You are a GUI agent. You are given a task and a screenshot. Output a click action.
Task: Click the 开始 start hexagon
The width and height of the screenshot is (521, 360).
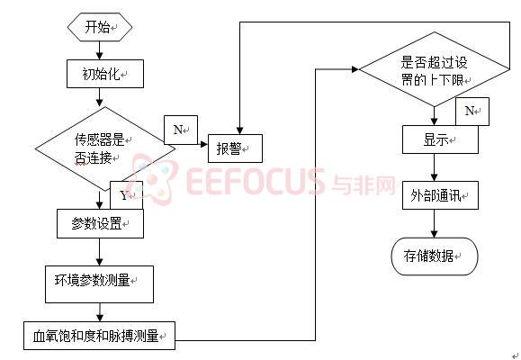pyautogui.click(x=100, y=27)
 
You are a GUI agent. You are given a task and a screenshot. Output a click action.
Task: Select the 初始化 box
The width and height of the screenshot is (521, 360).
pyautogui.click(x=105, y=74)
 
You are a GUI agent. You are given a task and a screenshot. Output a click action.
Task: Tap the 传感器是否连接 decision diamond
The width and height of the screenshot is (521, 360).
pyautogui.click(x=105, y=148)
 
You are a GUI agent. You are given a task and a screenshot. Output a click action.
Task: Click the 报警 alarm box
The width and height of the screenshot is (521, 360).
pyautogui.click(x=235, y=148)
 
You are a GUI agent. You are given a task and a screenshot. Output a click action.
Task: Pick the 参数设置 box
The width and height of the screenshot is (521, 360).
pyautogui.click(x=100, y=223)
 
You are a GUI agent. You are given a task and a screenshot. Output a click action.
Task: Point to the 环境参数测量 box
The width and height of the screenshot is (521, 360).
pyautogui.click(x=99, y=284)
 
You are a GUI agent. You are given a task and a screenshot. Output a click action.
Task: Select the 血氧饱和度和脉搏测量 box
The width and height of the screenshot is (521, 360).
pyautogui.click(x=99, y=336)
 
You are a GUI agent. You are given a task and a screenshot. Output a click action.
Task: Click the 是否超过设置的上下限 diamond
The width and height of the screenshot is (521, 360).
pyautogui.click(x=434, y=69)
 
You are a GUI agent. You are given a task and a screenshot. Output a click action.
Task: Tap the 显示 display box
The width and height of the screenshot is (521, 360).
pyautogui.click(x=440, y=139)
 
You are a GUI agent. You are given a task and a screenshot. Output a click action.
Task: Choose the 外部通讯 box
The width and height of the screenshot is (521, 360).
pyautogui.click(x=440, y=195)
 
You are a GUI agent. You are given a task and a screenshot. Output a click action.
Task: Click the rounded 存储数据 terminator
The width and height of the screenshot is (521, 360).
pyautogui.click(x=435, y=256)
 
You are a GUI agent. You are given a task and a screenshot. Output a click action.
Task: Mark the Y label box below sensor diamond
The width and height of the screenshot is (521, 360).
pyautogui.click(x=126, y=195)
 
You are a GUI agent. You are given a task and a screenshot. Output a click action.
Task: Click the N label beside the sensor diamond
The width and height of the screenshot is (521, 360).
pyautogui.click(x=181, y=130)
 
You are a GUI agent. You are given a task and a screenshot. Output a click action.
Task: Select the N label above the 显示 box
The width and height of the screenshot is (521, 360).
pyautogui.click(x=472, y=112)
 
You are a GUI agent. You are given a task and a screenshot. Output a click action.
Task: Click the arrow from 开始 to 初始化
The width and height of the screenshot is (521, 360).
pyautogui.click(x=99, y=50)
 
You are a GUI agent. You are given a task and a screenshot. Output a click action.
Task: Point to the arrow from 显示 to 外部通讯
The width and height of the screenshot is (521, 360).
pyautogui.click(x=434, y=167)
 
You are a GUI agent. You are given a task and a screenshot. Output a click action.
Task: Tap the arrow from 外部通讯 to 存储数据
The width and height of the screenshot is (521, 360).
pyautogui.click(x=434, y=224)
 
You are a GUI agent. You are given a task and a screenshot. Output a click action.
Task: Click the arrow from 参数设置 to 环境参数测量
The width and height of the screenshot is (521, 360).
pyautogui.click(x=99, y=252)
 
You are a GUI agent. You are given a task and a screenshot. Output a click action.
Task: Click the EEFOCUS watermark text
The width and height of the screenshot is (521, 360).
pyautogui.click(x=256, y=181)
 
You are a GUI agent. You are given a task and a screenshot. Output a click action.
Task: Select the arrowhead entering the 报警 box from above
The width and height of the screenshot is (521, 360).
pyautogui.click(x=239, y=130)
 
